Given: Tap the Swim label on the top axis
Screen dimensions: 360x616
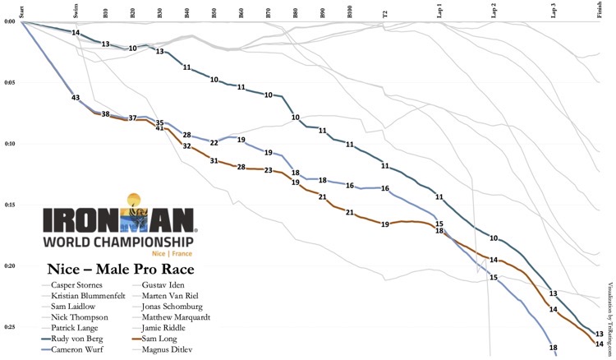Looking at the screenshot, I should [76, 12].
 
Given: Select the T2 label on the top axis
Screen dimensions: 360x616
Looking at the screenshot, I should [385, 12].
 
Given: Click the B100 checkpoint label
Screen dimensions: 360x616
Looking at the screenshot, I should [350, 12].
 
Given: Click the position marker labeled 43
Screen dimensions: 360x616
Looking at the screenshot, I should [76, 98].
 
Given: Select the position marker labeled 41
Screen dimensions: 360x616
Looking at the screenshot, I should [160, 128].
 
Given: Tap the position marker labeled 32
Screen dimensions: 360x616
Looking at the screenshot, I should [187, 146].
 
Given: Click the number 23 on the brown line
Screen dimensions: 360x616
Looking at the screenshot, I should [269, 170].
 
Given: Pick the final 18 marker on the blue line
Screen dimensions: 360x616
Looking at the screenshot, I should [553, 348].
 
